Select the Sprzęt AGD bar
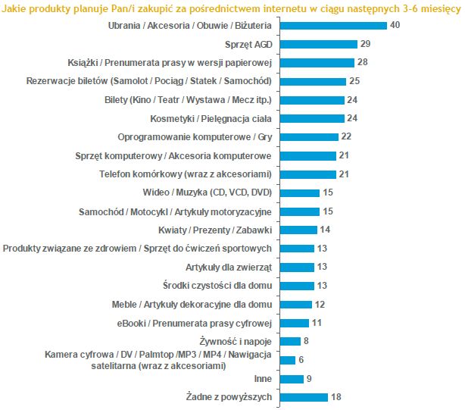pos(318,44)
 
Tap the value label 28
pos(364,63)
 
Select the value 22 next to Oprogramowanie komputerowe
pos(347,136)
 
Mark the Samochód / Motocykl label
pos(175,211)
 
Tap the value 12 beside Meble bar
pos(321,304)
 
